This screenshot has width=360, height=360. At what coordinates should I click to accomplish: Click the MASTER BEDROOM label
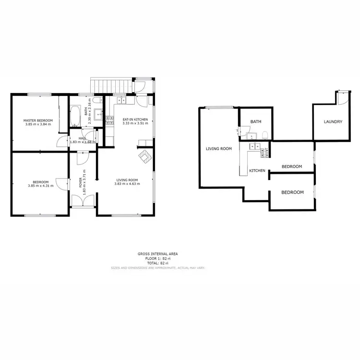pyautogui.click(x=38, y=120)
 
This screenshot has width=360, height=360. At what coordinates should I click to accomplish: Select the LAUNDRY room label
pyautogui.click(x=333, y=122)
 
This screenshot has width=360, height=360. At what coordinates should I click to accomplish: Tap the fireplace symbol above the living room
pyautogui.click(x=145, y=156)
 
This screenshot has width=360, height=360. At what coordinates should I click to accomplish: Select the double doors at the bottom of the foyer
pyautogui.click(x=78, y=201)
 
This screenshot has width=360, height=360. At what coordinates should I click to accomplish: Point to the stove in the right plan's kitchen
pyautogui.click(x=264, y=153)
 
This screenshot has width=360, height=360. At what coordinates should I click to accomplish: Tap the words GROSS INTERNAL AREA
pyautogui.click(x=158, y=254)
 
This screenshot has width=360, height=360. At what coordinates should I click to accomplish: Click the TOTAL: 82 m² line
pyautogui.click(x=158, y=264)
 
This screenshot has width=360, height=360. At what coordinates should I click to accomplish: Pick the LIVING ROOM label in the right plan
pyautogui.click(x=219, y=149)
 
